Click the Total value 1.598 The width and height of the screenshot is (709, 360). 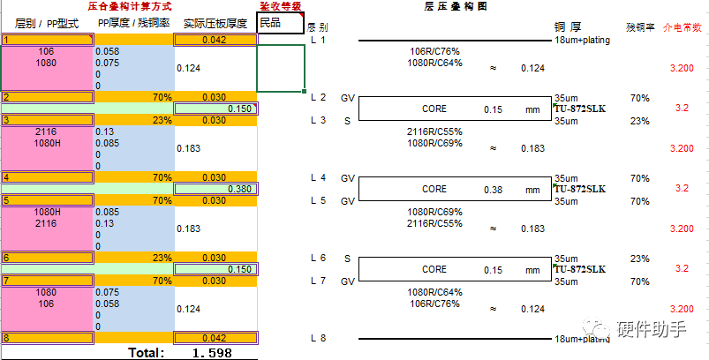pos(212,353)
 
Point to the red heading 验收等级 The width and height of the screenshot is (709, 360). pos(280,6)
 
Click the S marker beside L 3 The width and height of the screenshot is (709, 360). pos(347,121)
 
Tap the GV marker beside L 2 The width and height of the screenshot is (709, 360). pos(347,97)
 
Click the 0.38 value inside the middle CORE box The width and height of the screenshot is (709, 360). pos(493,189)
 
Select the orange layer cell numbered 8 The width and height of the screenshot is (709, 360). pos(47,338)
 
